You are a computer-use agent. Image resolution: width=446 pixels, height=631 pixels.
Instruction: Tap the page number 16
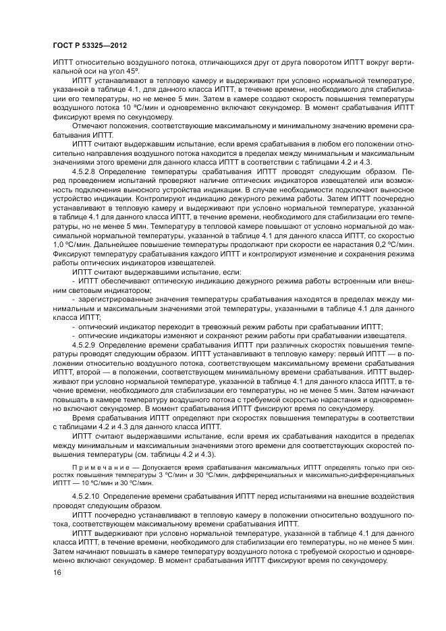[57, 573]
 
